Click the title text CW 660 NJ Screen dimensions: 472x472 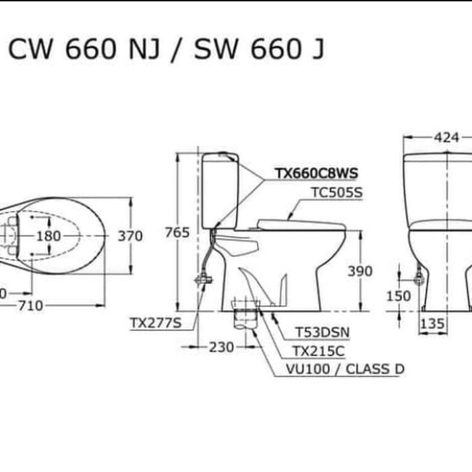[x=84, y=49]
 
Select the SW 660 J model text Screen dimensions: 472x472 [x=259, y=49]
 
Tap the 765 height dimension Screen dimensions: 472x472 [x=177, y=233]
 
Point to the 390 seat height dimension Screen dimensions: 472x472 [x=360, y=271]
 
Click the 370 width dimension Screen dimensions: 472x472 [x=130, y=236]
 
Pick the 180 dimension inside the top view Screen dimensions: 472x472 [x=49, y=236]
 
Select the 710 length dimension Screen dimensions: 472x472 [x=31, y=306]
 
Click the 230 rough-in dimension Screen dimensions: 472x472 [x=222, y=347]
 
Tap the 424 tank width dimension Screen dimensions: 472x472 [x=446, y=138]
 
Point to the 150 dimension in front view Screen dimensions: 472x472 [x=399, y=296]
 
